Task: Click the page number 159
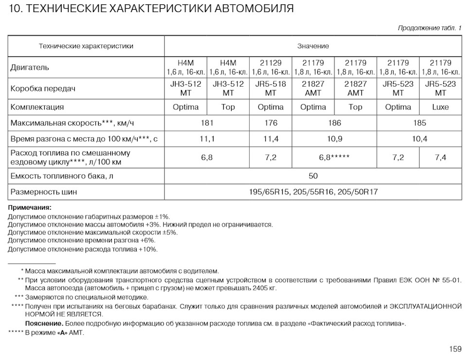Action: [455, 349]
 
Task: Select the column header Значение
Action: [313, 46]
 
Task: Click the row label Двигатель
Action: [30, 68]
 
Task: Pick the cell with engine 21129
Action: [270, 68]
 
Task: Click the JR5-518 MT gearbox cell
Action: [270, 88]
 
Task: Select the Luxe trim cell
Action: [440, 107]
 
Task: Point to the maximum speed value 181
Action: [207, 123]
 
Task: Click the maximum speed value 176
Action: [270, 123]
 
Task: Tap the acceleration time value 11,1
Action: [207, 139]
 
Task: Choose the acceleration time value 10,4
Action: [419, 139]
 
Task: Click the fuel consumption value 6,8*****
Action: [334, 158]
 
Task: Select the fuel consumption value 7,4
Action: [440, 158]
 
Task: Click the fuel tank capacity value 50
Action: [313, 176]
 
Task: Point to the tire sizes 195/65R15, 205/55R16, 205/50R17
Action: [313, 192]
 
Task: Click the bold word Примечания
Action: [29, 208]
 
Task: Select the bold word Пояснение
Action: [44, 324]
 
